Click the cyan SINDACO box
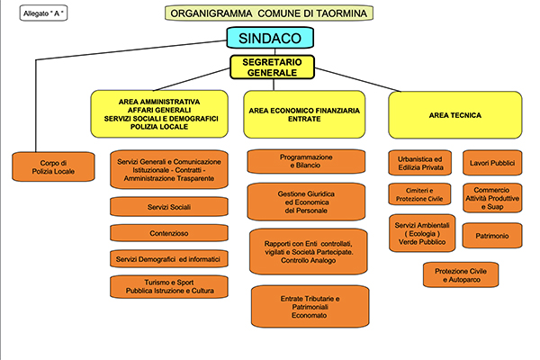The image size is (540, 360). pos(270,38)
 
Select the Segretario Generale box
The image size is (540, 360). pos(272,67)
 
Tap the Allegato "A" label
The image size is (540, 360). pos(43,13)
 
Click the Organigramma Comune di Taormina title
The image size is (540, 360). pos(268,13)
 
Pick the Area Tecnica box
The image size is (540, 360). pos(454,115)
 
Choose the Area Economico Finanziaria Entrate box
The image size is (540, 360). pos(304,114)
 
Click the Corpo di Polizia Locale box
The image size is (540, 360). pos(53,166)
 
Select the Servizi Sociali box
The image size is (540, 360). pos(169,207)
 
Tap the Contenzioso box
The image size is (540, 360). pos(169,233)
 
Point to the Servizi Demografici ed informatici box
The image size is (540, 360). pos(169,259)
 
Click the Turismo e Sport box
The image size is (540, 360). pos(169,286)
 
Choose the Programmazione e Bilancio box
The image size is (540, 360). pos(306,161)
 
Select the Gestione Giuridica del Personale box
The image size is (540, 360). pos(306,202)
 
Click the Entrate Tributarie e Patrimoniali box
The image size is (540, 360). pos(310,307)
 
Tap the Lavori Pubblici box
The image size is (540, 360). pos(492,163)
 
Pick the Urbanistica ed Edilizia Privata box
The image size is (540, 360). pos(419,163)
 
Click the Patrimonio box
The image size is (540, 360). pos(492,236)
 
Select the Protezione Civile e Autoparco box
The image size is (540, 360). pos(461,274)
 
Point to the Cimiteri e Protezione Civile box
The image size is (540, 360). pos(419,194)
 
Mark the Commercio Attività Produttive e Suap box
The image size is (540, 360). pos(492,198)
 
